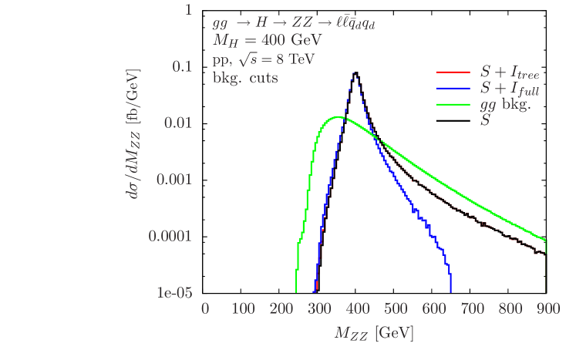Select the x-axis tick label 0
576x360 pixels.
pyautogui.click(x=205, y=309)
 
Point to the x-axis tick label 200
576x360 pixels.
pyautogui.click(x=281, y=309)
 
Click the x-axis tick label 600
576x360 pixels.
pyautogui.click(x=433, y=309)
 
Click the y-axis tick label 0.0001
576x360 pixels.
pyautogui.click(x=171, y=236)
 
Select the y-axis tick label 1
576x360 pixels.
pyautogui.click(x=188, y=10)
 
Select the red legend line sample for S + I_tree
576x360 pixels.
pyautogui.click(x=453, y=72)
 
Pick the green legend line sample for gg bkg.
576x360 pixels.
pyautogui.click(x=453, y=105)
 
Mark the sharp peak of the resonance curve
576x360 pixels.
pyautogui.click(x=354, y=72)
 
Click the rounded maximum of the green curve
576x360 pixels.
pyautogui.click(x=337, y=117)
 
